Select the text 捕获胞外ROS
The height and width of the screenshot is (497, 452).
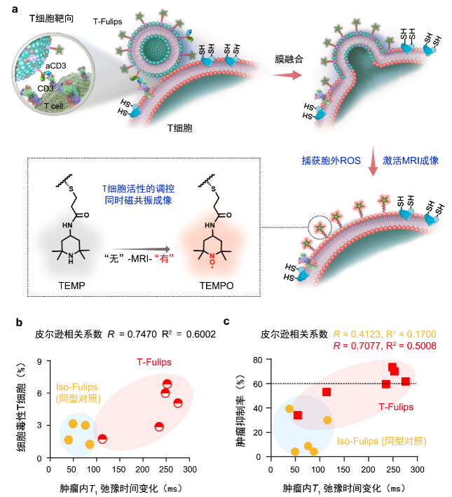(327, 160)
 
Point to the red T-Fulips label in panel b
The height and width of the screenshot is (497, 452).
(154, 362)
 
